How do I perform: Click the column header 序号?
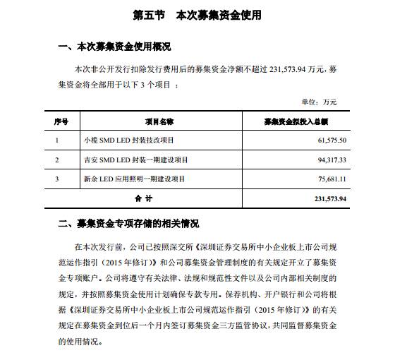61,121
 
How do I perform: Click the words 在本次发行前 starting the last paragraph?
92,248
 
